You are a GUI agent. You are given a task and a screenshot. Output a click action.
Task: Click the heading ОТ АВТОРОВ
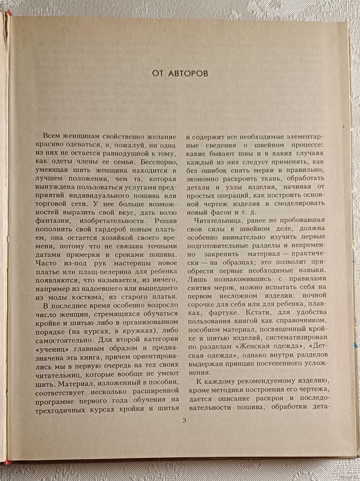pyautogui.click(x=180, y=73)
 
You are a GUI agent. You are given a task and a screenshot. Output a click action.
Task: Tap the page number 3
pyautogui.click(x=184, y=421)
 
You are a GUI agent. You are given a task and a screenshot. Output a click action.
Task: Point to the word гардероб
pyautogui.click(x=102, y=229)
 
